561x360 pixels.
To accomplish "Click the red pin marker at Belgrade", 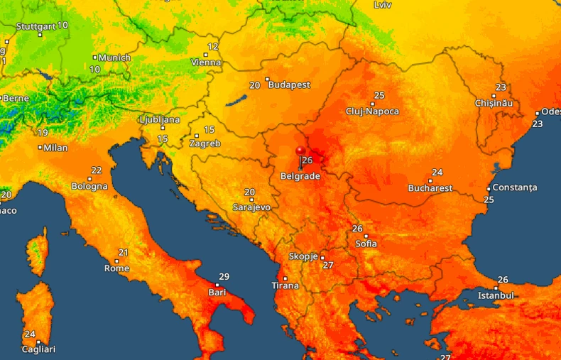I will coord(300,153).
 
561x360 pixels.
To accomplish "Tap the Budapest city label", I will coord(289,84).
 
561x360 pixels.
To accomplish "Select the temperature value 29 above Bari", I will coord(224,277).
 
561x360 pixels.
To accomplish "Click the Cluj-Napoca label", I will coord(372,111).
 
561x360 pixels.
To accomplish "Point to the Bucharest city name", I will coord(430,188).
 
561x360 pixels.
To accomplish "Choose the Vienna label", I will coord(206,62).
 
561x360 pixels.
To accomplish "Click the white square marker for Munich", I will coord(95,58).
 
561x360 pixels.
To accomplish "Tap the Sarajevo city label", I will coord(251,207).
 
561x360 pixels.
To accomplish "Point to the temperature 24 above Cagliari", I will coord(30,334).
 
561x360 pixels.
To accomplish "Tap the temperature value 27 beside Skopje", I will coord(328,266).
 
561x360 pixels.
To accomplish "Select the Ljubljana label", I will coord(160,120).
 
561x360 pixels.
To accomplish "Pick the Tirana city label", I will coord(285,286).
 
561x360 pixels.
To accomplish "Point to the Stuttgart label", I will coord(35,26).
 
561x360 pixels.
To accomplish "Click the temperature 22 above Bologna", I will coord(96,170).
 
